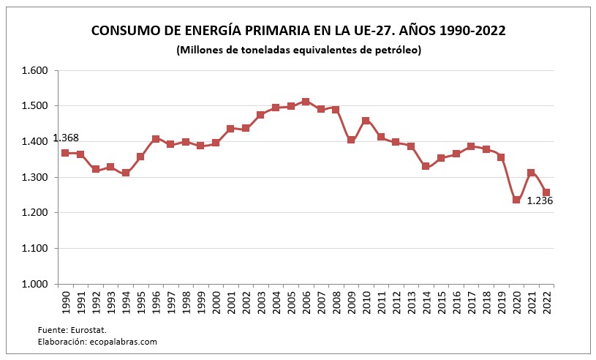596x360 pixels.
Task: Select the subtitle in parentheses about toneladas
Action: point(298,50)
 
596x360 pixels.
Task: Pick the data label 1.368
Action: point(66,138)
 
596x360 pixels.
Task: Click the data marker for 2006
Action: point(306,102)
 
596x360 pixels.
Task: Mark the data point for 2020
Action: point(516,200)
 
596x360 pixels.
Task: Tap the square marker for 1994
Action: point(126,173)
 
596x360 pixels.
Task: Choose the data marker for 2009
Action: point(351,140)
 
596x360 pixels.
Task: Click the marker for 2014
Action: point(426,166)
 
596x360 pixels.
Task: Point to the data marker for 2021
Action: point(531,173)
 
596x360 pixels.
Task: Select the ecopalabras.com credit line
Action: point(97,342)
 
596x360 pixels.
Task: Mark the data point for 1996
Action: point(156,139)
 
